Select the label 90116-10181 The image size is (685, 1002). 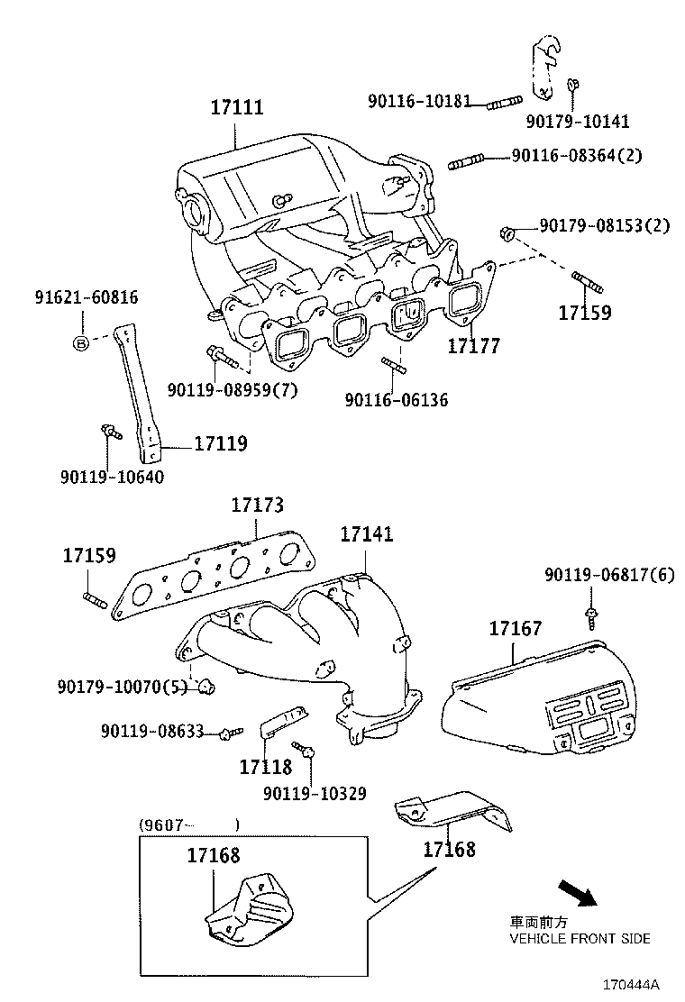pyautogui.click(x=419, y=101)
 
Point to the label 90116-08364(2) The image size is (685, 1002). pyautogui.click(x=577, y=156)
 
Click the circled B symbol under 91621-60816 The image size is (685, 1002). pyautogui.click(x=81, y=342)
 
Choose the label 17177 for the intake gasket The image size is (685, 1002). pyautogui.click(x=474, y=346)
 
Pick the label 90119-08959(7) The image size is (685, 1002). pyautogui.click(x=232, y=390)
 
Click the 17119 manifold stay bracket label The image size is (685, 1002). pyautogui.click(x=220, y=443)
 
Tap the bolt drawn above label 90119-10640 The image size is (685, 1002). pyautogui.click(x=109, y=433)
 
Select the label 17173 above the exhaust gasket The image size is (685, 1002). pyautogui.click(x=257, y=506)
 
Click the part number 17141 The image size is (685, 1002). pyautogui.click(x=366, y=534)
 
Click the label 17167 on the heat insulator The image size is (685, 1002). pyautogui.click(x=516, y=629)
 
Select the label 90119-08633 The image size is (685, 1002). pyautogui.click(x=152, y=731)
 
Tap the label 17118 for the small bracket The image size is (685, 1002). pyautogui.click(x=266, y=767)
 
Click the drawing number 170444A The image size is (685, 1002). pyautogui.click(x=631, y=983)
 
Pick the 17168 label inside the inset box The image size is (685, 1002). pyautogui.click(x=214, y=855)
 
